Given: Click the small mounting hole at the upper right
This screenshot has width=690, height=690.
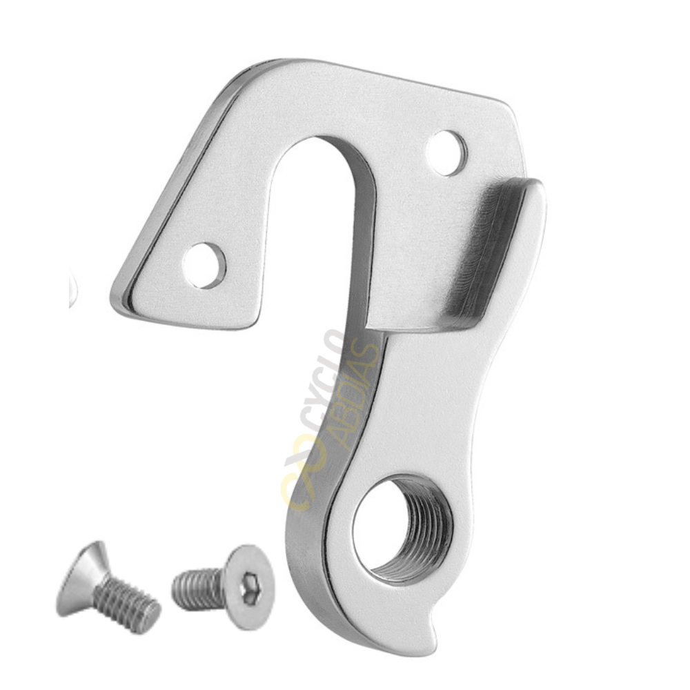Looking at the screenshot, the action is click(447, 153).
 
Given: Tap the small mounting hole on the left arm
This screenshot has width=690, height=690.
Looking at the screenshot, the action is click(204, 266).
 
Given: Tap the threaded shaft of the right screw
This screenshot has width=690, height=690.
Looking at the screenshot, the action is click(197, 587).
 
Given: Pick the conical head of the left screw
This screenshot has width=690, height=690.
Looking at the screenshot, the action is click(83, 576).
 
